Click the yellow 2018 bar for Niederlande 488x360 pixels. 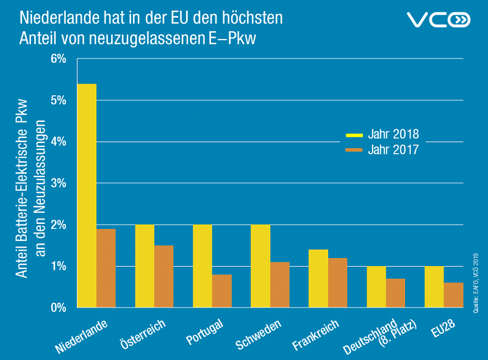(x=87, y=196)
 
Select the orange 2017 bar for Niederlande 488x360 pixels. (x=106, y=268)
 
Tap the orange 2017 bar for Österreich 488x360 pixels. (x=164, y=276)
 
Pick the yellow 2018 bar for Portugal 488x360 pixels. (x=203, y=266)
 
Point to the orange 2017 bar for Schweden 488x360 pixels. (x=280, y=285)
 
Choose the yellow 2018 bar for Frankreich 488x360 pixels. (x=318, y=279)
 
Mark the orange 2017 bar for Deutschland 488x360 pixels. (x=395, y=293)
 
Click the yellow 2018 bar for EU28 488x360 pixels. (x=434, y=287)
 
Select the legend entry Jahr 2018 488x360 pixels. (x=382, y=134)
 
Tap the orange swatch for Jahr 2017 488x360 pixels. (x=354, y=150)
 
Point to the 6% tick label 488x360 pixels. (x=59, y=59)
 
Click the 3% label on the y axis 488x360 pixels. (x=59, y=183)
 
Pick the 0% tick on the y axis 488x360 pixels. (x=59, y=308)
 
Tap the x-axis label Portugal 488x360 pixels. (x=205, y=332)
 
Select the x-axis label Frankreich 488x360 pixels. (x=315, y=335)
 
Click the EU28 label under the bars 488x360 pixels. (x=443, y=328)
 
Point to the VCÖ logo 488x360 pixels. (x=439, y=20)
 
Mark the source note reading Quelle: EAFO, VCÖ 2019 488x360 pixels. (x=476, y=283)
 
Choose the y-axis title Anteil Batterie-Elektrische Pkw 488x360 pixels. (x=22, y=189)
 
